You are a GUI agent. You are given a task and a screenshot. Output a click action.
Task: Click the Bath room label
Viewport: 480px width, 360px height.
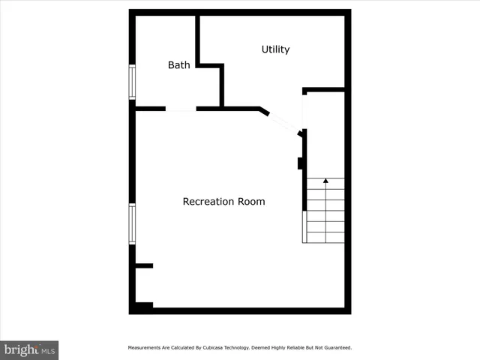(x=178, y=65)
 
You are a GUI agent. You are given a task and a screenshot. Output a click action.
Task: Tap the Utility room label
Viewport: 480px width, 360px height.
(x=275, y=49)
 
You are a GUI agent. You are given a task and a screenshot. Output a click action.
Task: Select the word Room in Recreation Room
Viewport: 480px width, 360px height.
(x=251, y=202)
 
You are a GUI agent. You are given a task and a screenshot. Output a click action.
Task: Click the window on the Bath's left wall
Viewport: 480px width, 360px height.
(x=132, y=82)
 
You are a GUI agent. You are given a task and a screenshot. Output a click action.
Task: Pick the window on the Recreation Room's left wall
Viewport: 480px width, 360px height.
(x=132, y=223)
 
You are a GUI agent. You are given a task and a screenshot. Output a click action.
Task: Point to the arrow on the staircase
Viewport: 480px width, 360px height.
(x=325, y=181)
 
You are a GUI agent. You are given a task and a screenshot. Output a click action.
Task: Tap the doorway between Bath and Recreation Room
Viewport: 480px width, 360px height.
(x=181, y=109)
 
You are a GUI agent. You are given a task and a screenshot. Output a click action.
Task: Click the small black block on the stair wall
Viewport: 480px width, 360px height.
(x=300, y=163)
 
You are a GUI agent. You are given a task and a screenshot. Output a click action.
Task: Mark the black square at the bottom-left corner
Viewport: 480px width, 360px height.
(x=142, y=306)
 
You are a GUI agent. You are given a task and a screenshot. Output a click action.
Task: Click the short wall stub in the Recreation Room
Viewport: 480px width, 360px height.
(x=144, y=265)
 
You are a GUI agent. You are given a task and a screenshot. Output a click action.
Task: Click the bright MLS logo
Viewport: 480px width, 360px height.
(x=29, y=349)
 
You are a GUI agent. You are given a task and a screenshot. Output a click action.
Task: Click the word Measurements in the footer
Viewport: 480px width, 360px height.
(x=144, y=348)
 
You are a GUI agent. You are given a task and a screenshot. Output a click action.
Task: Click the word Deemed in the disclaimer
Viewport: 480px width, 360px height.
(x=251, y=348)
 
